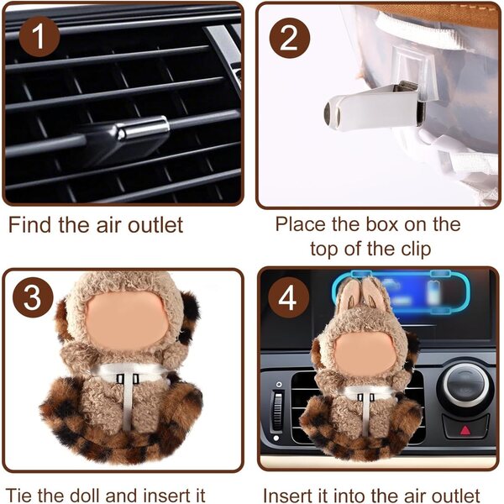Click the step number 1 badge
click(x=39, y=37)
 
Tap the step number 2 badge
click(x=290, y=39)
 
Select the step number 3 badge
click(x=33, y=297)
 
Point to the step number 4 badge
click(x=288, y=297)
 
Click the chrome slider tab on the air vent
click(x=143, y=129)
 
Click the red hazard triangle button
click(x=465, y=429)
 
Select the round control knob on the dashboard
click(x=465, y=385)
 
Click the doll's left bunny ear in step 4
click(x=349, y=296)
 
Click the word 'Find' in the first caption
click(x=29, y=224)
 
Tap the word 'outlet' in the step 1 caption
click(x=156, y=225)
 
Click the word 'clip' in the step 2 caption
click(x=417, y=249)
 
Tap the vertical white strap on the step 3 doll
click(x=128, y=402)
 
